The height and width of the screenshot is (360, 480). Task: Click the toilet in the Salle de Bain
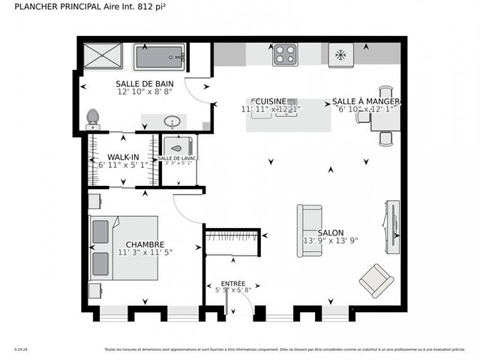[93, 118]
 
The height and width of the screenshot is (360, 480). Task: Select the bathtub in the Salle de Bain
[159, 56]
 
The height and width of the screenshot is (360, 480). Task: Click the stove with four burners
[284, 54]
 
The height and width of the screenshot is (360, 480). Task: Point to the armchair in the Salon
[376, 280]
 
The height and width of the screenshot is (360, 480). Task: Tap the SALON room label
[330, 232]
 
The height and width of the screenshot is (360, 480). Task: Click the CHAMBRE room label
[145, 244]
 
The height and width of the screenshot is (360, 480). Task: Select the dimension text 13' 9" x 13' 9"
[330, 241]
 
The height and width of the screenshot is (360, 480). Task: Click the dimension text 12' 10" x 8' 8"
[145, 91]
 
